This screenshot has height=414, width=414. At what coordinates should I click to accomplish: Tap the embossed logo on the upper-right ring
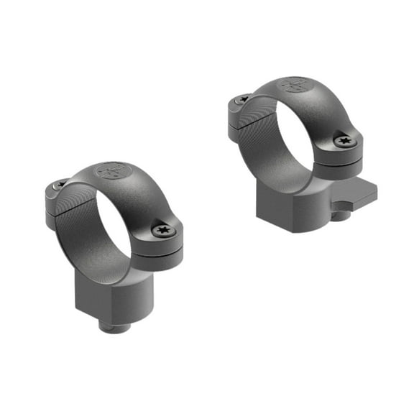[294, 86]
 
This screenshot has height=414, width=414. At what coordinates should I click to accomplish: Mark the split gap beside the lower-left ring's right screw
[162, 247]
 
